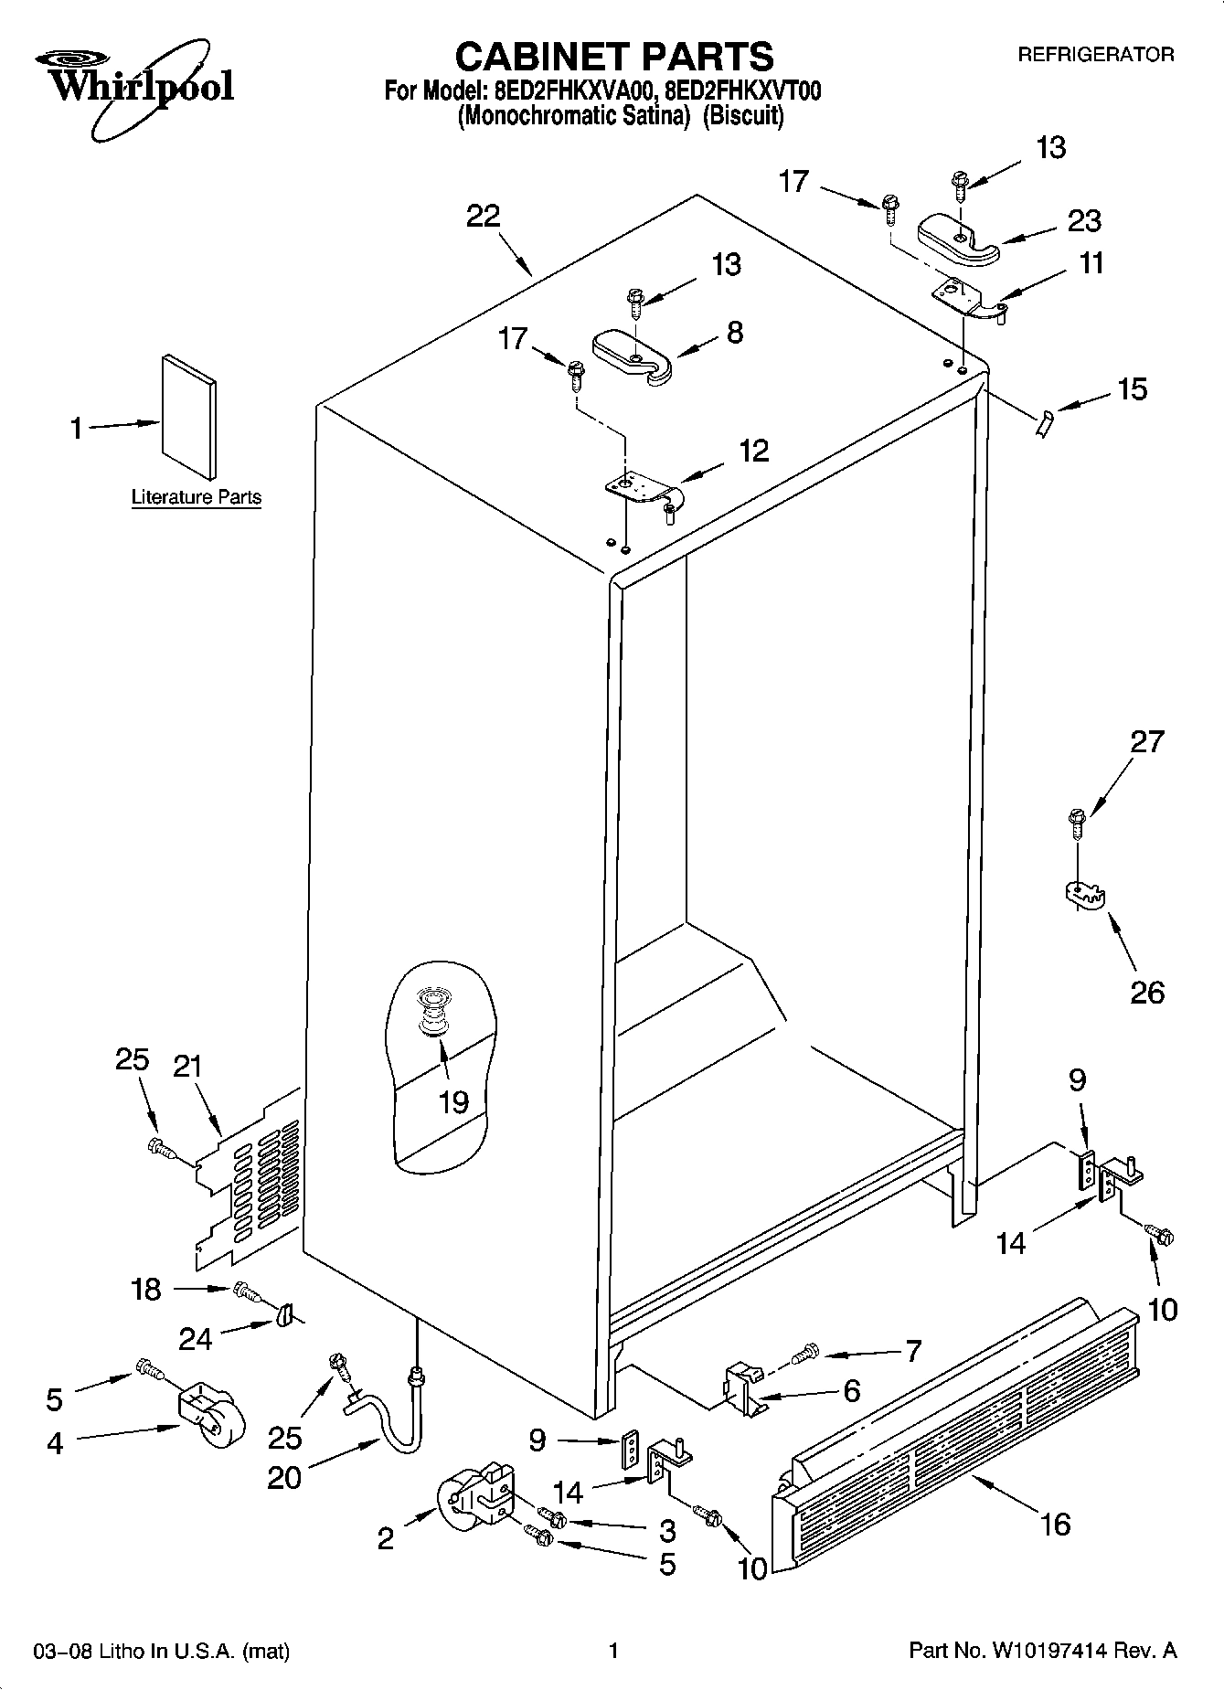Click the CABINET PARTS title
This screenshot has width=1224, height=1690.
coord(613,57)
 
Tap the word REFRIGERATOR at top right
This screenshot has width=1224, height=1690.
coord(1095,55)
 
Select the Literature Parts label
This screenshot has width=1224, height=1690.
coord(197,497)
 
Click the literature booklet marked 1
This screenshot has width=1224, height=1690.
coord(190,416)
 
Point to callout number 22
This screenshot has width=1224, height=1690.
coord(484,217)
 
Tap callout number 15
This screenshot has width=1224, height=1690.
coord(1132,388)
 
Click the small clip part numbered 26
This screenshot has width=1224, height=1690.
coord(1085,895)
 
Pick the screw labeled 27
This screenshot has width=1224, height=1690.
coord(1077,821)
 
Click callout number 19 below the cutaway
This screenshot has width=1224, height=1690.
coord(453,1101)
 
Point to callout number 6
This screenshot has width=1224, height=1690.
coord(851,1391)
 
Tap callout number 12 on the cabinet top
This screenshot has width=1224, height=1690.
coord(753,451)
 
